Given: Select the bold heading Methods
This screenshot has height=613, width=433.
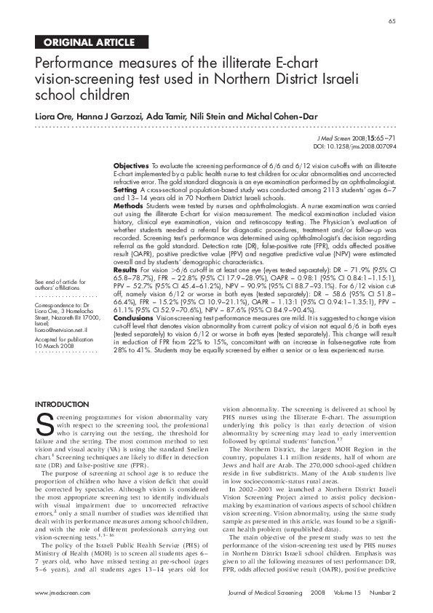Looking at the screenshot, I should [129, 206].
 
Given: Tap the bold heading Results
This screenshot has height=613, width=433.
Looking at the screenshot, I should [127, 269].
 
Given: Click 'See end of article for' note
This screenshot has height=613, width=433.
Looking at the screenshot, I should [60, 282].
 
